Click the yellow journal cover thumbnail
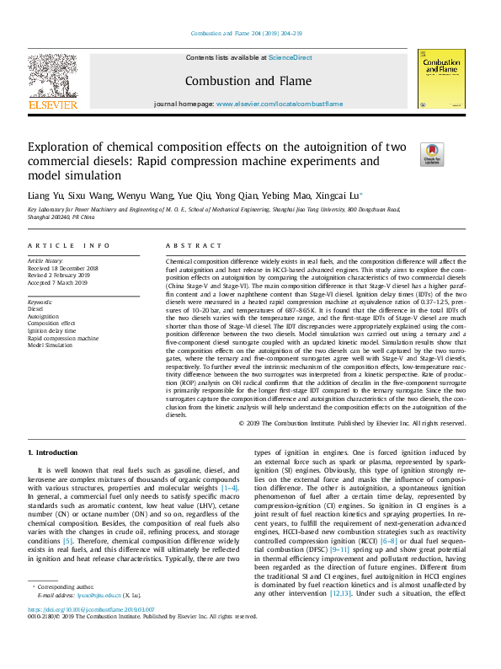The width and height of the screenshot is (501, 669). click(441, 78)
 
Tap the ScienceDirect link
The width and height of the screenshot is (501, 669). click(290, 57)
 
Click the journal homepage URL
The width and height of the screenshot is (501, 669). click(280, 104)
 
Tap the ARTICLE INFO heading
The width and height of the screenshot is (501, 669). click(69, 245)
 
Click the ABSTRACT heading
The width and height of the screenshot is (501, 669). click(188, 245)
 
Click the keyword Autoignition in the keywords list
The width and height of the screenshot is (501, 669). click(44, 316)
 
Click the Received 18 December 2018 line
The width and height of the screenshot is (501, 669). click(63, 269)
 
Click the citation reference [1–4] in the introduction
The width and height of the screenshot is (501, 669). click(230, 488)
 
